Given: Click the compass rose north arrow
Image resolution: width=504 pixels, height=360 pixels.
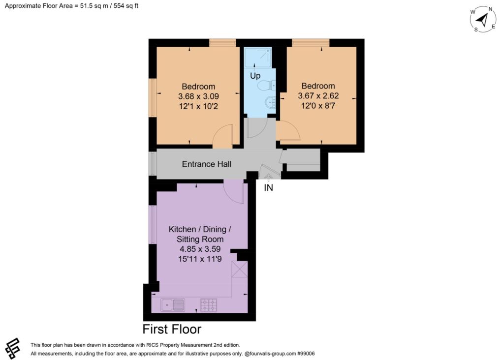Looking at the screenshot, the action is [482, 20].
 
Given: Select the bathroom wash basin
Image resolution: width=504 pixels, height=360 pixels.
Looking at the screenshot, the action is [270, 102].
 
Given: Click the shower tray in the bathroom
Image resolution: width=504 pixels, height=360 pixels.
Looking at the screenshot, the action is [258, 58].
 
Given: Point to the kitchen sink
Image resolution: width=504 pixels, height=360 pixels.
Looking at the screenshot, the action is [173, 305].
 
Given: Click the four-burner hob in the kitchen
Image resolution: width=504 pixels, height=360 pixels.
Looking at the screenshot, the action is [209, 305].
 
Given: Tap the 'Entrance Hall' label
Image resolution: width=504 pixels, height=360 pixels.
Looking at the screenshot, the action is [207, 164].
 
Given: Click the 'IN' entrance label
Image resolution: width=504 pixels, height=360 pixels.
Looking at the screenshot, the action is [268, 187].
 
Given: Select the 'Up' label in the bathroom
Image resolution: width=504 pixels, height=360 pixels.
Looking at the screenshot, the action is [255, 76].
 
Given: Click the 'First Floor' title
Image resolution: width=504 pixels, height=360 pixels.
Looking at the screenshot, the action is [172, 329].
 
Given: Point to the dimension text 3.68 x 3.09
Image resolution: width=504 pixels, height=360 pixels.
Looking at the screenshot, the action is [199, 96].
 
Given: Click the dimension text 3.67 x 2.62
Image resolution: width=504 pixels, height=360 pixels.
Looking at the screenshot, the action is [318, 96].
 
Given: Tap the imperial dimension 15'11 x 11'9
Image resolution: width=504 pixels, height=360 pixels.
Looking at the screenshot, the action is [200, 259].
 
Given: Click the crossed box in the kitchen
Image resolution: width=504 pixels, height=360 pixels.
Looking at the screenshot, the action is [240, 269].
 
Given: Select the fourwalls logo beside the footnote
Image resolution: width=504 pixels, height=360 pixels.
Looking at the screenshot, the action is [12, 348].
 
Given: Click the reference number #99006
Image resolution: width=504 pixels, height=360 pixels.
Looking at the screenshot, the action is [306, 354].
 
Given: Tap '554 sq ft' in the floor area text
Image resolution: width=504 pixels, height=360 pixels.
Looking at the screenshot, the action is [126, 6].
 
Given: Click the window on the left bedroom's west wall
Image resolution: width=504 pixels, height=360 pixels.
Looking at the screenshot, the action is [153, 98].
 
